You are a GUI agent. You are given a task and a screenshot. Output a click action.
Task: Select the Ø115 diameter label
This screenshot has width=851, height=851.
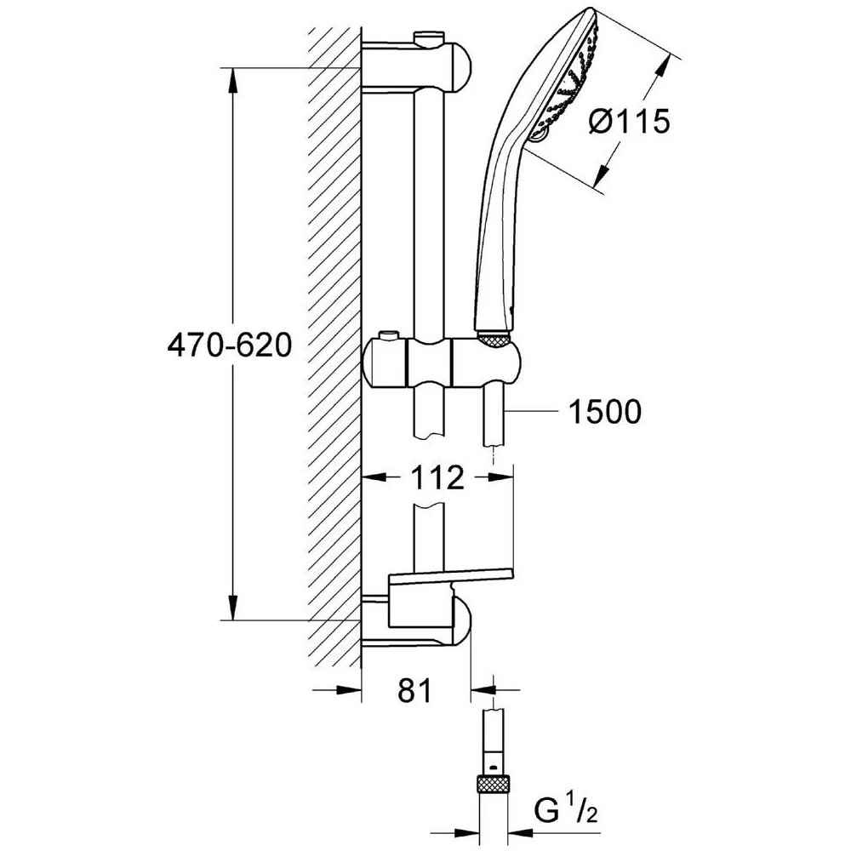(629, 123)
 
